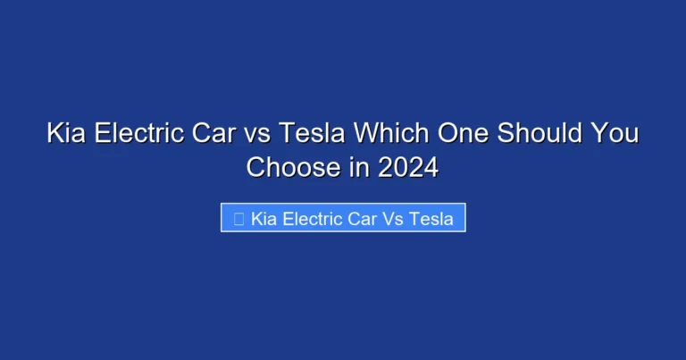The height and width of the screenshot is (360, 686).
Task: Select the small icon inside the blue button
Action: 238,218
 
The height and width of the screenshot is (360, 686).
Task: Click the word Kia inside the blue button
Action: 264,218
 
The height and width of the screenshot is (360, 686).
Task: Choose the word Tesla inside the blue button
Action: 431,218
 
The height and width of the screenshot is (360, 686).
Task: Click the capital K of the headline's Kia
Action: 54,136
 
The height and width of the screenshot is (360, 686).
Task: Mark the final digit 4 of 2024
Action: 431,167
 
